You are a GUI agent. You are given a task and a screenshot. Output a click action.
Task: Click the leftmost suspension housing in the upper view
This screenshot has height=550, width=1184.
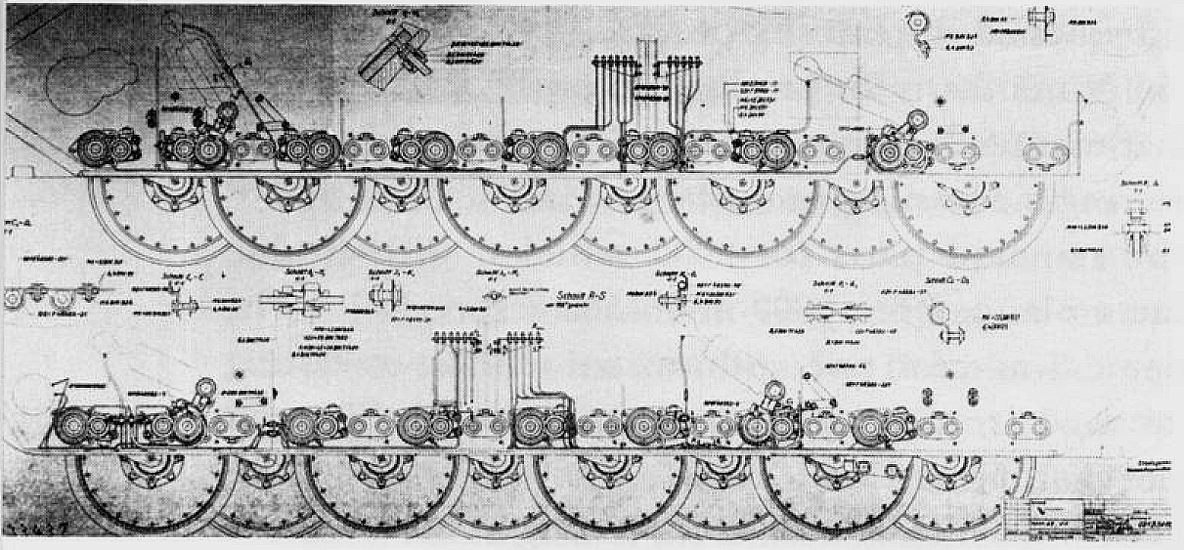(x=102, y=151)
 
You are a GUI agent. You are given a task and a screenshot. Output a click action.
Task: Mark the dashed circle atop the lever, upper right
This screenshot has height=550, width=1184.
(x=808, y=68)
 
